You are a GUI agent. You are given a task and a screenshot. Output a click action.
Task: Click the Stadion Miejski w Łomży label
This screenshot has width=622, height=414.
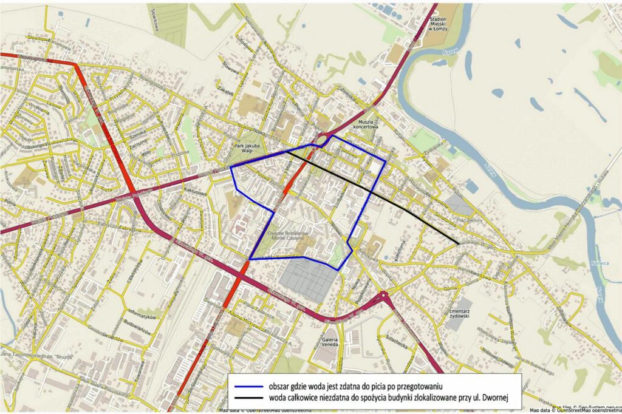[442, 24]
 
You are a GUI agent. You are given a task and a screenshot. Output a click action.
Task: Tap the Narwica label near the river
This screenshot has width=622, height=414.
[598, 264]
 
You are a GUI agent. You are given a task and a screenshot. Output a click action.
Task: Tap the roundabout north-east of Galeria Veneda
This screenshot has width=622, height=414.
[384, 297]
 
